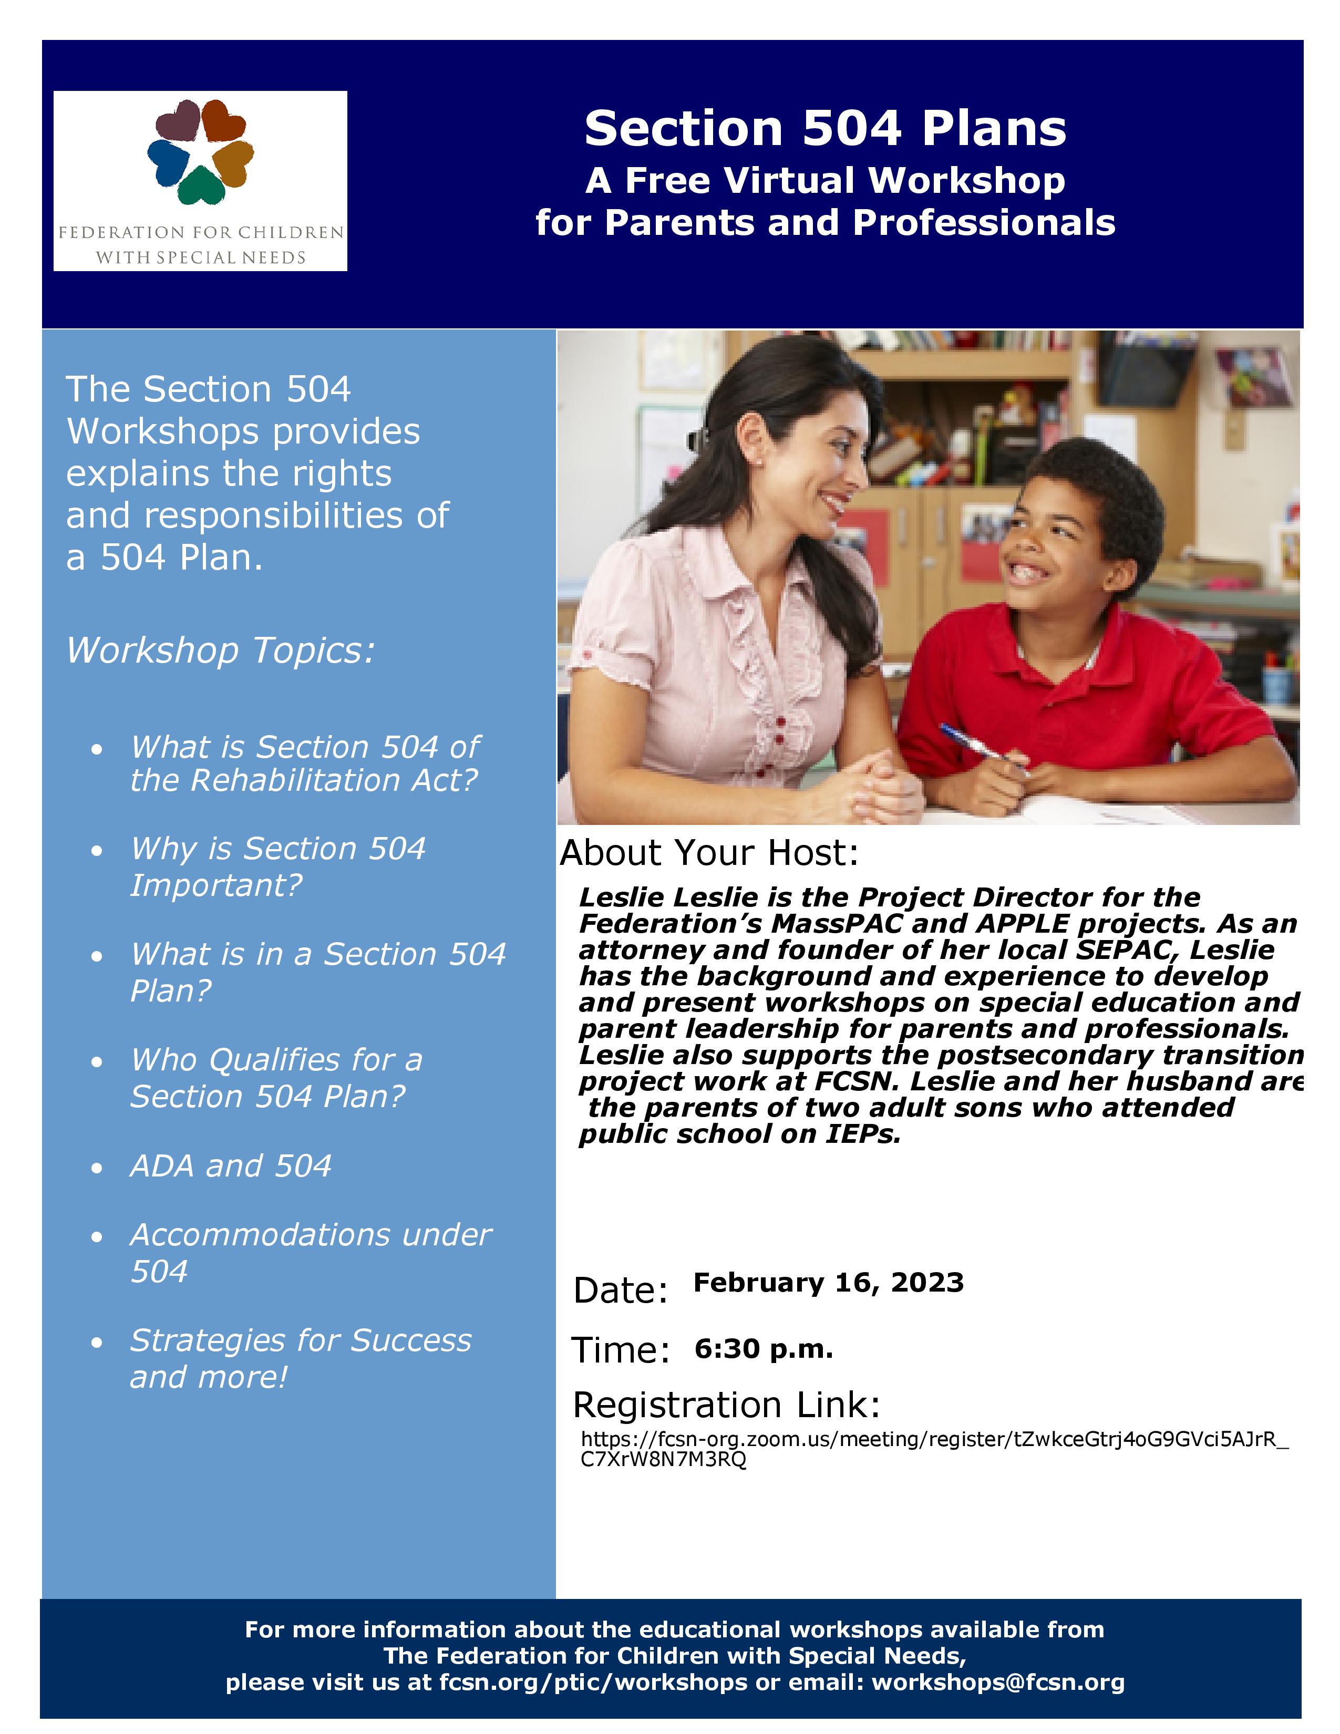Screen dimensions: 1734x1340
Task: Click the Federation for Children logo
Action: coord(200,181)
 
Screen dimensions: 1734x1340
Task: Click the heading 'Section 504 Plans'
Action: coord(825,129)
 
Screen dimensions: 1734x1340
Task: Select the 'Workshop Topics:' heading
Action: coord(220,651)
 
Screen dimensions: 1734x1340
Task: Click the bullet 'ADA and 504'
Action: coord(230,1165)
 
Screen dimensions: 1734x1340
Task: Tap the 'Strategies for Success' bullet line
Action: coord(300,1340)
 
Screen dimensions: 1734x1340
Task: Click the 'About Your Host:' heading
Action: coord(709,853)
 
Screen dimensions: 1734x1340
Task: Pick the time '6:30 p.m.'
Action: coord(763,1348)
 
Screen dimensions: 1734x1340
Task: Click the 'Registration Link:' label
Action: coord(726,1405)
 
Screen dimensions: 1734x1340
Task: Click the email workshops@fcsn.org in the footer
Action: coord(998,1683)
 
